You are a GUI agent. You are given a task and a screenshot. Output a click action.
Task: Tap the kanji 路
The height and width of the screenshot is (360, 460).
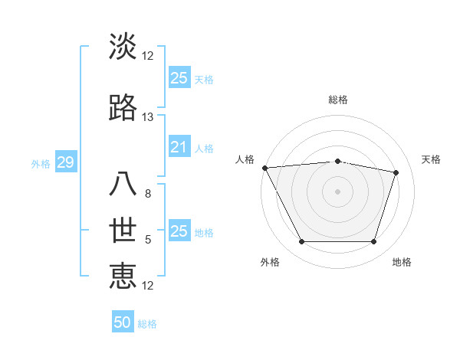(123, 109)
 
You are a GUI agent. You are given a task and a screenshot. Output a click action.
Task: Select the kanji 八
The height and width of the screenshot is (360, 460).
(123, 185)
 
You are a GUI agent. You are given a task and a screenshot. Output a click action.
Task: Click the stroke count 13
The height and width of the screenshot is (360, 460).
(148, 117)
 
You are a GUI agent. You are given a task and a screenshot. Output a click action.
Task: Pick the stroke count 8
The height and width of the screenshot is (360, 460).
(148, 194)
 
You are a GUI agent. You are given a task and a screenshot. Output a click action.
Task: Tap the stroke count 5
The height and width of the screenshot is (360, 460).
(148, 240)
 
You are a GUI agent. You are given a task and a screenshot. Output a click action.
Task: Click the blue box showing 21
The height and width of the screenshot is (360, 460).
(179, 147)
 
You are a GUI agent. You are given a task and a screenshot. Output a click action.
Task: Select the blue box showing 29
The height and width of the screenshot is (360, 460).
(65, 162)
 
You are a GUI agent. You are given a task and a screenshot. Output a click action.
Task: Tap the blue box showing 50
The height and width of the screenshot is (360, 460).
(123, 322)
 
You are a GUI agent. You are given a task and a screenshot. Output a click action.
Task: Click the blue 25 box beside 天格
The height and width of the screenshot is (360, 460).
(179, 77)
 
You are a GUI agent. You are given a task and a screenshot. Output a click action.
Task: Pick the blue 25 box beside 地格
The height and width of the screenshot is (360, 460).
(179, 231)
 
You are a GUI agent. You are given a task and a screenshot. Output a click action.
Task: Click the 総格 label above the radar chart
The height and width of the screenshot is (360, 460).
(338, 100)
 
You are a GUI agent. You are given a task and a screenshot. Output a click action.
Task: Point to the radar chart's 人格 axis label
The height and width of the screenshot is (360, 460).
(245, 159)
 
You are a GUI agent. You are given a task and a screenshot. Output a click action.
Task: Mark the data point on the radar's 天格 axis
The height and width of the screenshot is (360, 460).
(396, 172)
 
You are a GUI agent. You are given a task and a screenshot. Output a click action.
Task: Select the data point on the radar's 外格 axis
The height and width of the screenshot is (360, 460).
(301, 242)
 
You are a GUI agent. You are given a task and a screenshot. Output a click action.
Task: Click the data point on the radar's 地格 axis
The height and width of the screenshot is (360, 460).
(374, 242)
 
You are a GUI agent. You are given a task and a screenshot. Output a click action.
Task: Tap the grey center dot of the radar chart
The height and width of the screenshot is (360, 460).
(338, 191)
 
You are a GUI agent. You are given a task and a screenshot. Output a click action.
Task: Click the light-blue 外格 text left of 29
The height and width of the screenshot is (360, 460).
(40, 163)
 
